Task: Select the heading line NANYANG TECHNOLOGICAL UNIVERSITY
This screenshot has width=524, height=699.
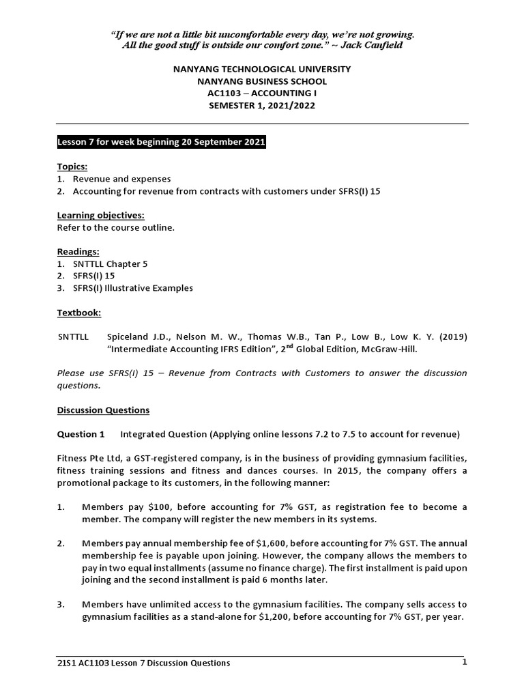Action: tap(262, 69)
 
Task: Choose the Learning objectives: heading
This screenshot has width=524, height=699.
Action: tap(100, 215)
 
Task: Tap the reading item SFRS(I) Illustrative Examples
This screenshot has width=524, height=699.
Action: tap(133, 288)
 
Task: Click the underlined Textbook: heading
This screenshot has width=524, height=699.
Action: tap(79, 313)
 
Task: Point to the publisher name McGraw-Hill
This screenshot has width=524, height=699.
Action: tap(387, 349)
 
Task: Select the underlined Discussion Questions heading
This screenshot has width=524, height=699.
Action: tap(103, 410)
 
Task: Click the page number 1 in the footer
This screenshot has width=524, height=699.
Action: tap(464, 662)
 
